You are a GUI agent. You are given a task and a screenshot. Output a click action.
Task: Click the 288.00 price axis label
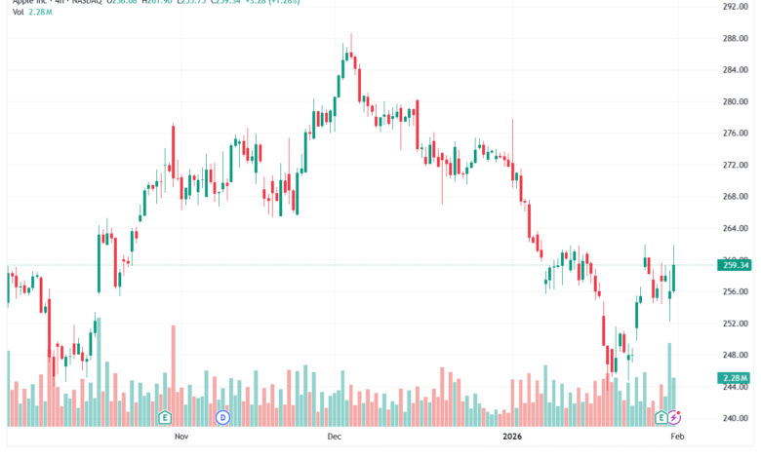coord(735,38)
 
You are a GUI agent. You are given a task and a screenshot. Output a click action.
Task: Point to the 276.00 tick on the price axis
coord(735,134)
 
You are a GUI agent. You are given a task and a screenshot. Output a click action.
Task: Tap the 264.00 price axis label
coord(735,228)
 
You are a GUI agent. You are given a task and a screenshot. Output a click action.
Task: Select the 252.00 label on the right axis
coord(735,324)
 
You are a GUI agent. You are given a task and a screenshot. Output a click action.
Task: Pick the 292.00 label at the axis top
coord(735,7)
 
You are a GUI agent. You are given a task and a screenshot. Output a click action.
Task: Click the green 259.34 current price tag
coord(735,265)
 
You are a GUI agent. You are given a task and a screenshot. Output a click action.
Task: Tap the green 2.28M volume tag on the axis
coord(735,377)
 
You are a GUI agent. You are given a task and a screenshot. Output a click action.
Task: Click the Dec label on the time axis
coord(335,439)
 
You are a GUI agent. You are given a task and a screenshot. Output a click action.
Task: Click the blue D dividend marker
coord(222,417)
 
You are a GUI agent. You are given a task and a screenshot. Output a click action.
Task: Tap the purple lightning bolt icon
coord(674,417)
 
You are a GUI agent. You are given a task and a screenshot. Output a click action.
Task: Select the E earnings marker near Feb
coord(661,417)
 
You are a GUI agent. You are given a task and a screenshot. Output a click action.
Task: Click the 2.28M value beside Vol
coord(42,13)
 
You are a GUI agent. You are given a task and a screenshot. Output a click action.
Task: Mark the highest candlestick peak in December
coord(351,34)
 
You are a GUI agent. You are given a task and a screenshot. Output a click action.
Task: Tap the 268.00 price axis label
coord(735,197)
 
